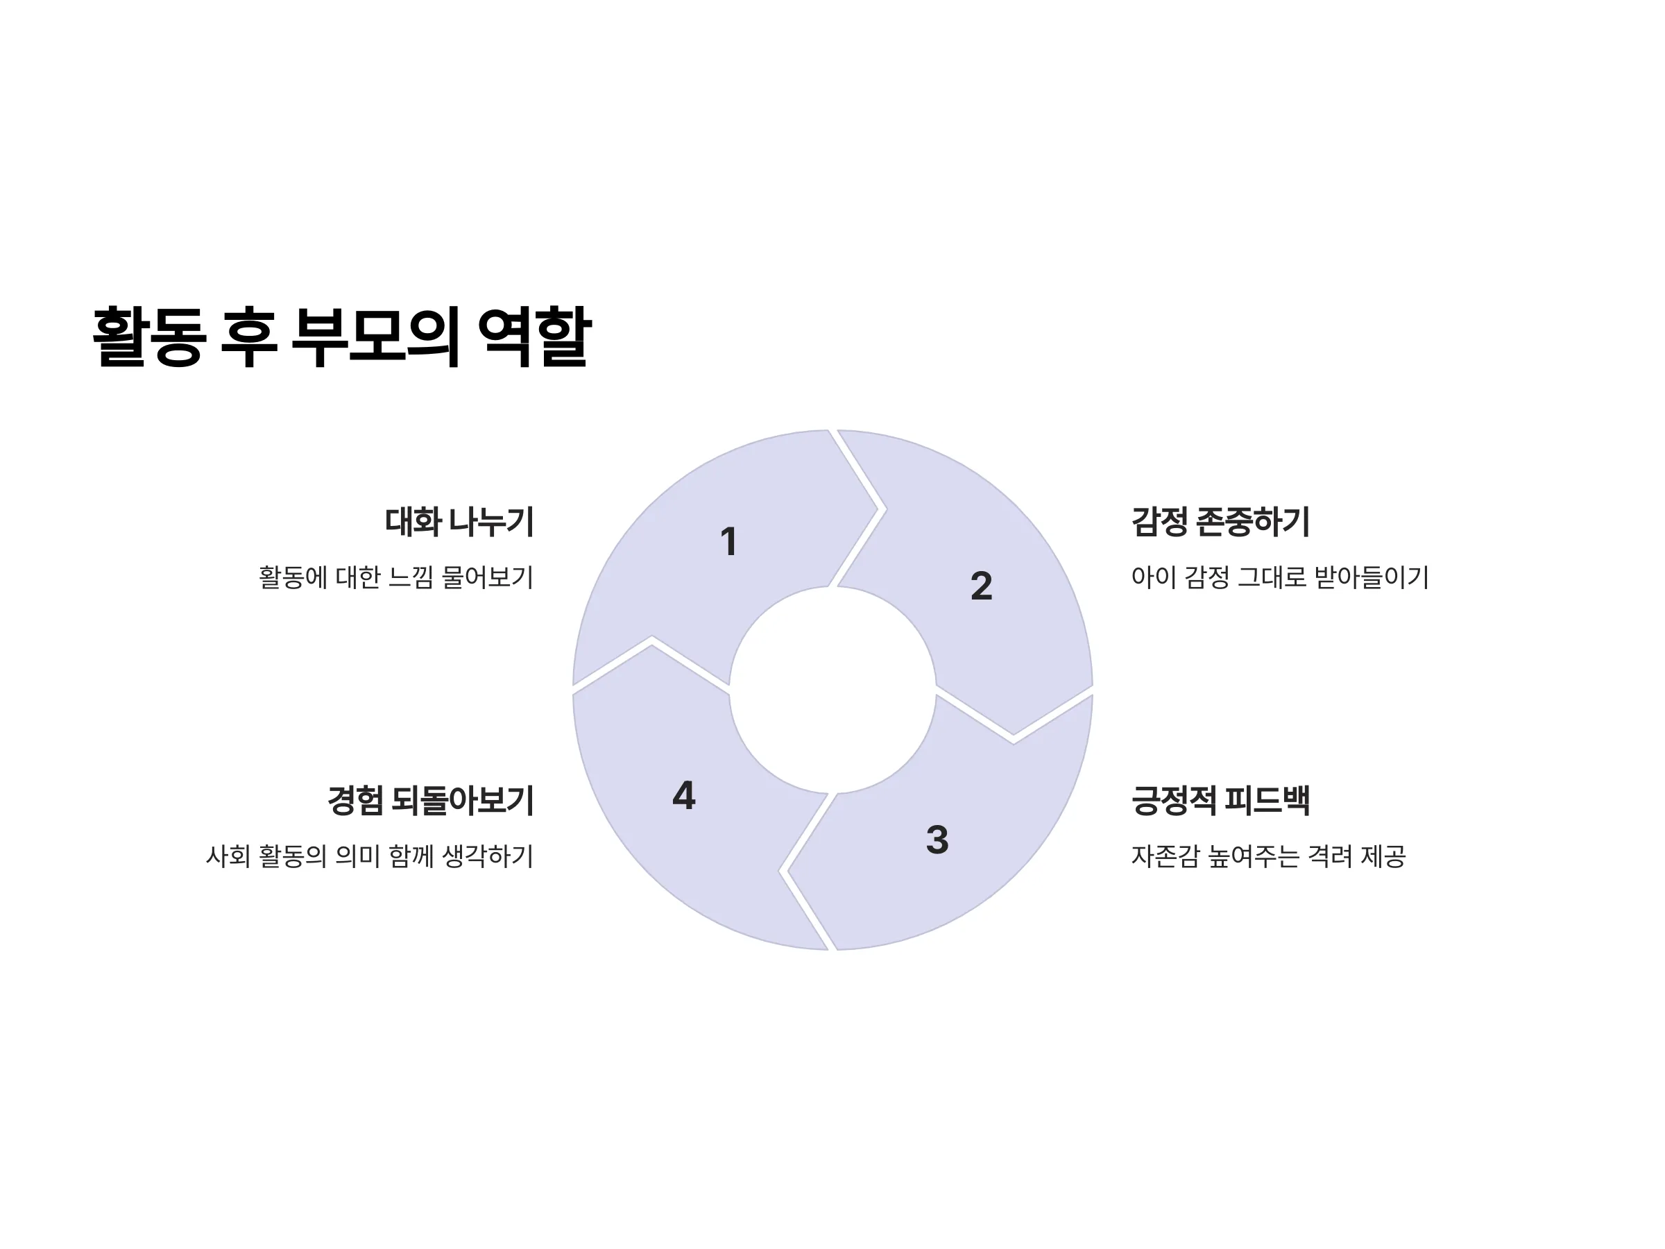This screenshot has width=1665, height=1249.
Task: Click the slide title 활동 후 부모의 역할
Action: click(342, 337)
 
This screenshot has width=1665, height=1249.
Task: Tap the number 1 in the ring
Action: click(728, 541)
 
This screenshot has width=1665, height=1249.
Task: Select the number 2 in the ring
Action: click(982, 586)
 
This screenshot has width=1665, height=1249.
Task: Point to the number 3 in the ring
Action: click(937, 840)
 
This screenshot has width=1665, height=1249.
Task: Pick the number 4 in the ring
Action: click(683, 795)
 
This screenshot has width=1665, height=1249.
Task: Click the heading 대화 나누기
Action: click(459, 522)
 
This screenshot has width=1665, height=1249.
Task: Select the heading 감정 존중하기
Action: click(1220, 522)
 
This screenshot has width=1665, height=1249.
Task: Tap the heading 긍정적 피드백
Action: click(1220, 800)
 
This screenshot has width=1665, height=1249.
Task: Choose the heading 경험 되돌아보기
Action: click(431, 800)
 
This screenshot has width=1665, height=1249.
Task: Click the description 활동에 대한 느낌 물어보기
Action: click(396, 577)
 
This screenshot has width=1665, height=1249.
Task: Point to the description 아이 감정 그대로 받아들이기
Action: click(1279, 577)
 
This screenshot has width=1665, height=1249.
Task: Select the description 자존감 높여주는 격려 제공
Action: click(1268, 856)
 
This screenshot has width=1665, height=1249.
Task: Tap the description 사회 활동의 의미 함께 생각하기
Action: click(370, 856)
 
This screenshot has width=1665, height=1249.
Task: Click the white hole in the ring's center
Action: click(832, 690)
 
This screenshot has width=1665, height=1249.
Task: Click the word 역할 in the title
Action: click(534, 337)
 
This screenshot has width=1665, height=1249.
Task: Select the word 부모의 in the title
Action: click(374, 337)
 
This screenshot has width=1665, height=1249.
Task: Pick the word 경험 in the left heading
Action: click(355, 800)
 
